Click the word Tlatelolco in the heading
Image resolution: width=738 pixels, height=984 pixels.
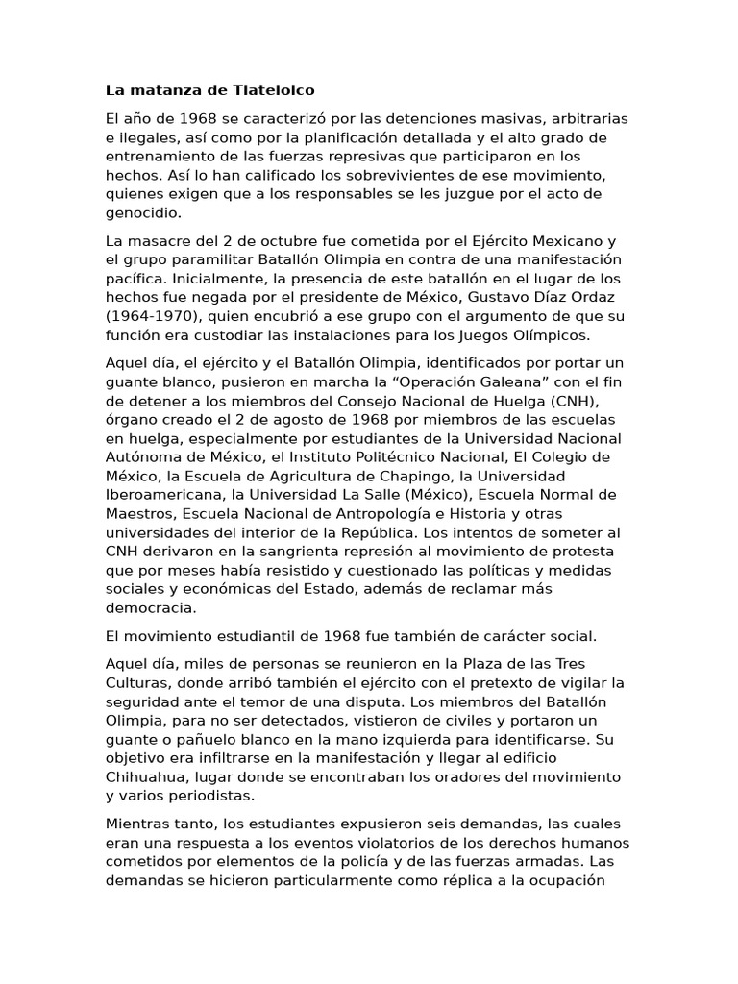[x=274, y=91]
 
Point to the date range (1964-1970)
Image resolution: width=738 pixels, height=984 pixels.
[x=154, y=314]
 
